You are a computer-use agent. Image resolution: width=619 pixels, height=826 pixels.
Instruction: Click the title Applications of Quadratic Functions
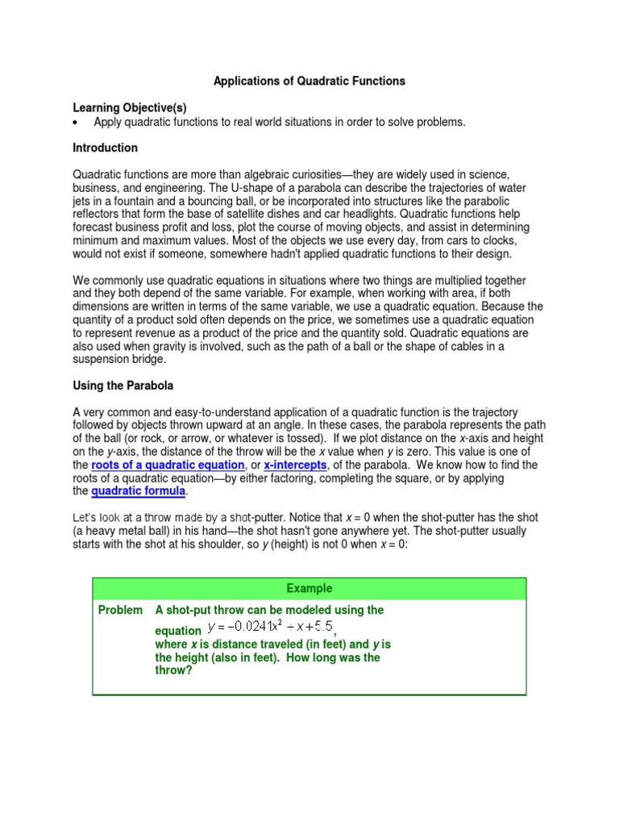click(x=309, y=81)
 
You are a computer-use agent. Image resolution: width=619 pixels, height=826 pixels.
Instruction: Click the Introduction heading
click(x=106, y=148)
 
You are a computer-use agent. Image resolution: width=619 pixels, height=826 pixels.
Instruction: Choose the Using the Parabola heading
click(x=119, y=386)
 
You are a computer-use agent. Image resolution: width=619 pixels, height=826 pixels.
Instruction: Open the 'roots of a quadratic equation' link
click(x=168, y=465)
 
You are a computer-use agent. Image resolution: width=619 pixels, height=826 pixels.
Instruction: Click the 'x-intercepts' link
click(x=295, y=465)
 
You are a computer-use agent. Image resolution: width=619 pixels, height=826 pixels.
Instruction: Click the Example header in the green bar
click(x=309, y=589)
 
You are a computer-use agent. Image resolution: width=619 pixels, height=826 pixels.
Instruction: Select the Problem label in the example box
click(x=120, y=611)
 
